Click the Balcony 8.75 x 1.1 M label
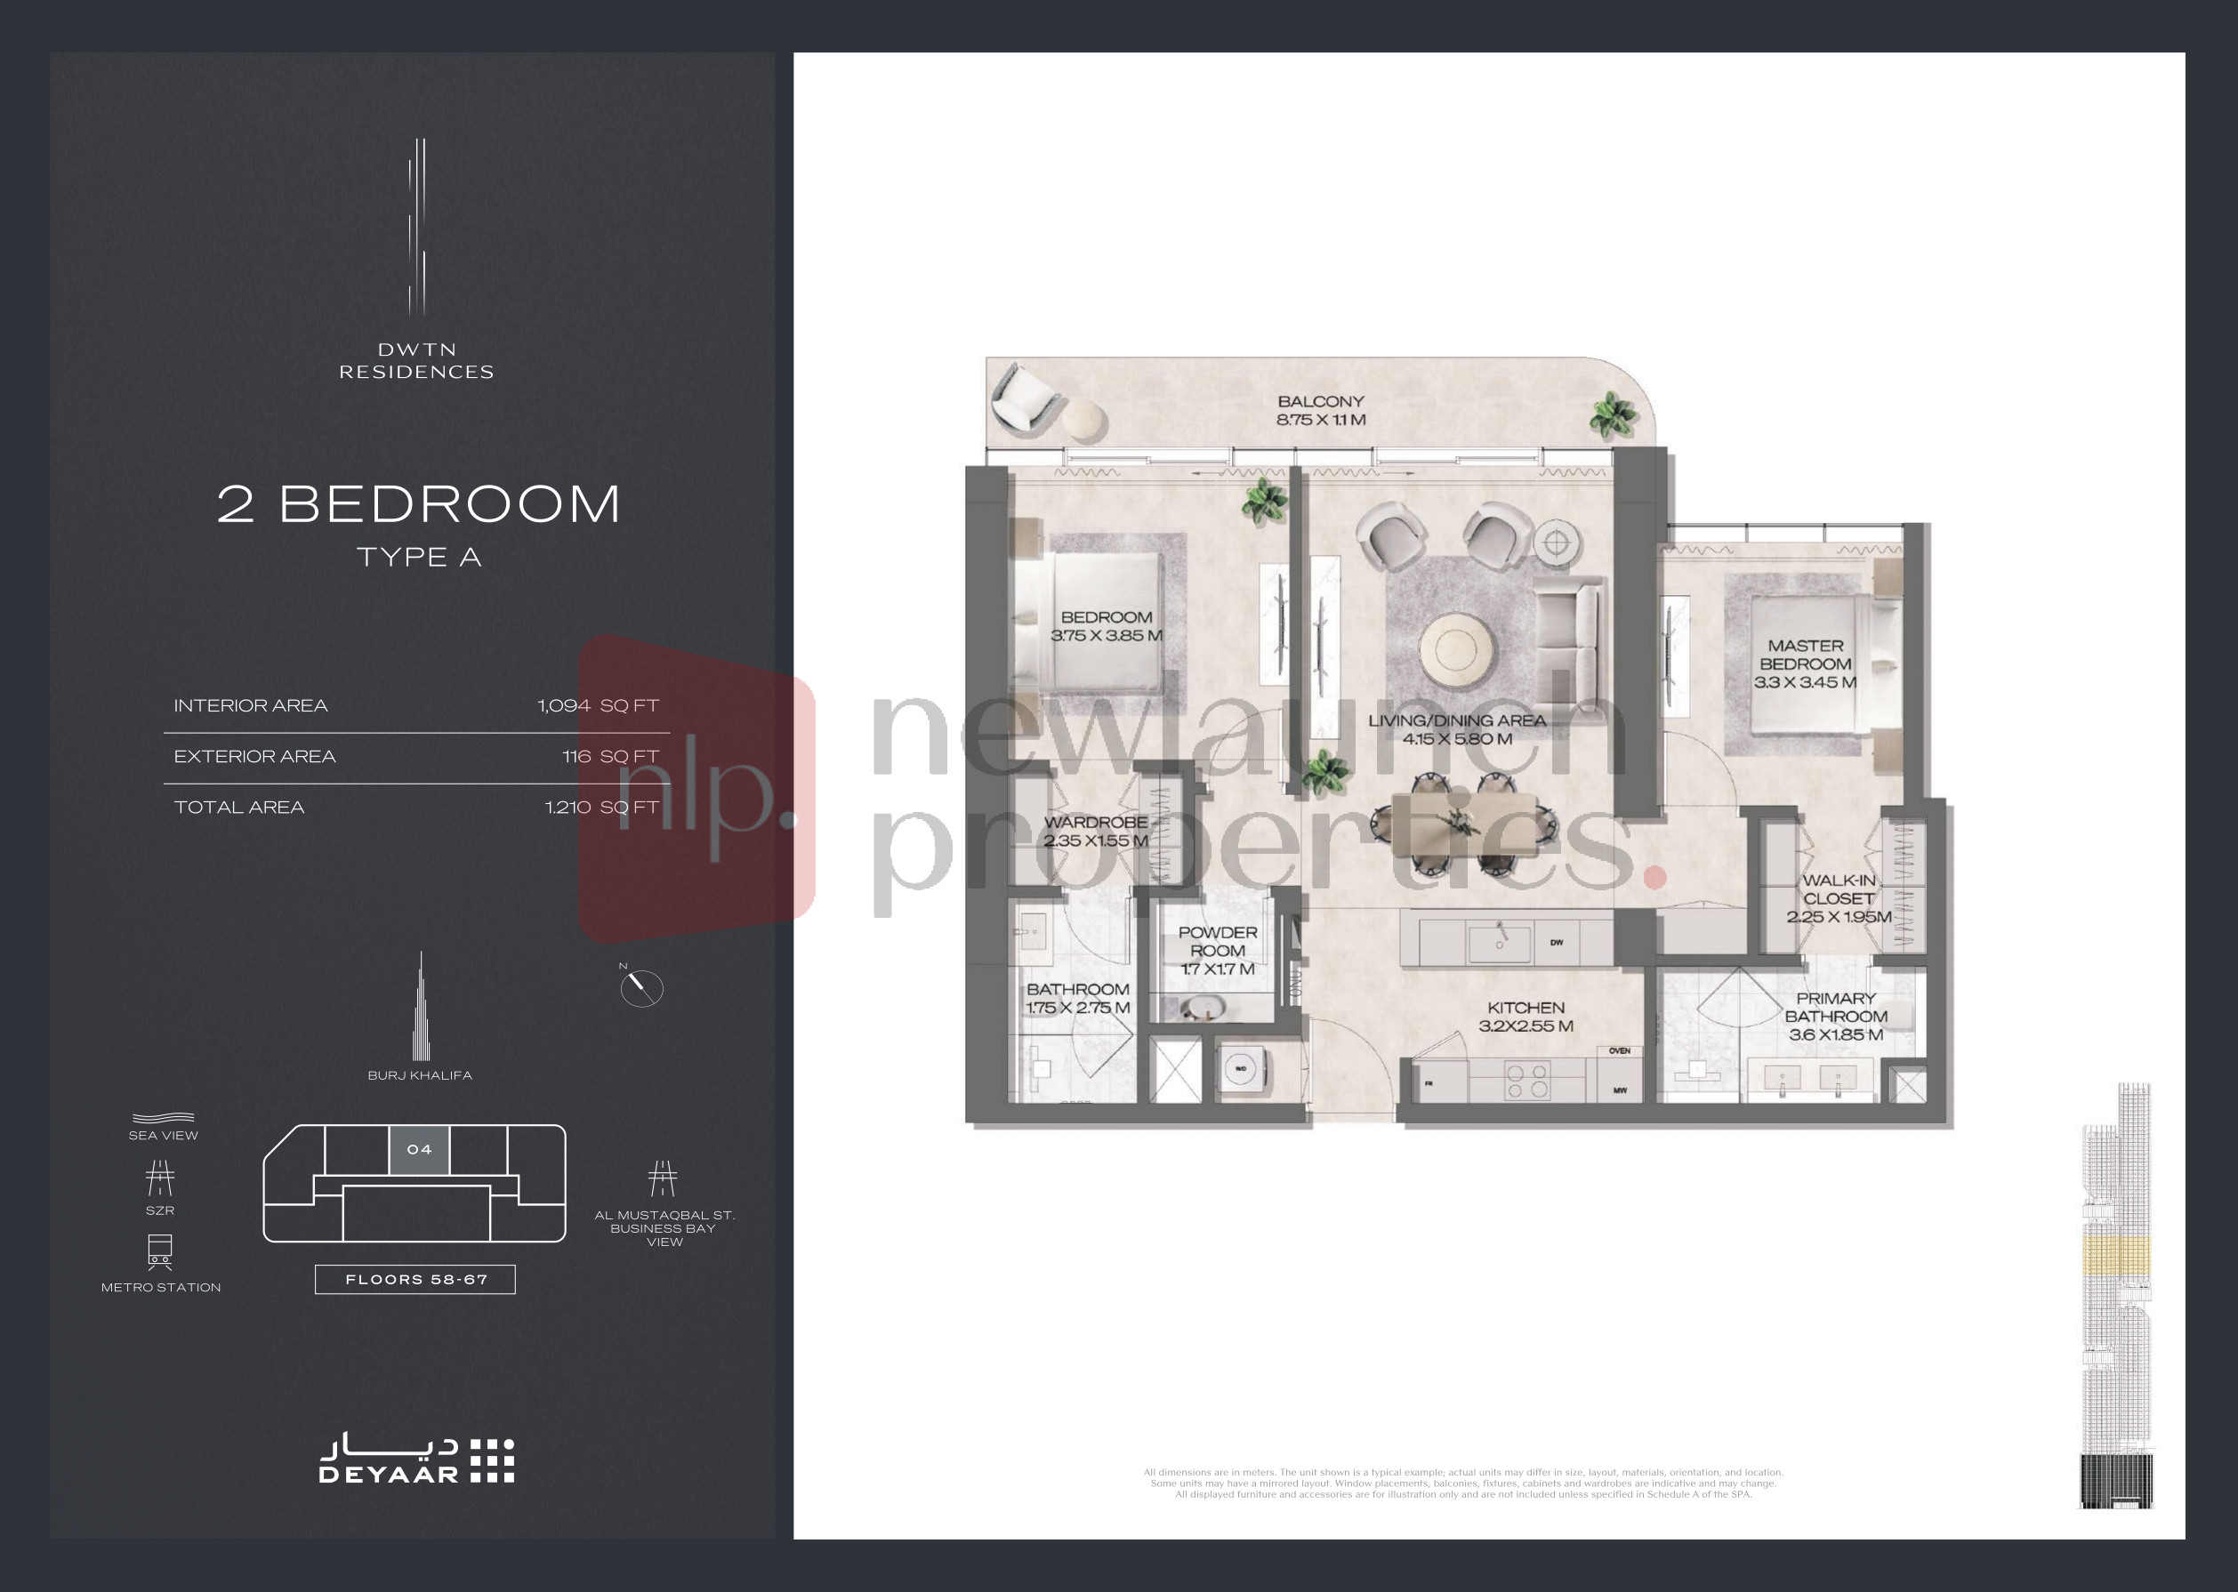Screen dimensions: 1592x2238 coord(1320,411)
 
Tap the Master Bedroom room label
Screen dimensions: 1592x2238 coord(1805,663)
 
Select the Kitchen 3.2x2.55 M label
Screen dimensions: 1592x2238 coord(1526,1017)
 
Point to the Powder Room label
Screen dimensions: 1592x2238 coord(1218,950)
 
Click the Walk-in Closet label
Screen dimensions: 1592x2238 coord(1838,898)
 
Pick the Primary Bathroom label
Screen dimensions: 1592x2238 coord(1835,1016)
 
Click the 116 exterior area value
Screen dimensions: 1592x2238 coord(576,757)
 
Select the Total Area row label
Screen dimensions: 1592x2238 coord(239,808)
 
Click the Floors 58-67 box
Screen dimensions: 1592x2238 coord(415,1279)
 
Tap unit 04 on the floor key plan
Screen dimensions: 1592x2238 coord(420,1150)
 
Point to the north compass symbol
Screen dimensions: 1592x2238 coord(641,987)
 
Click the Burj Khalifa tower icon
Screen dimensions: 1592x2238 coord(421,1009)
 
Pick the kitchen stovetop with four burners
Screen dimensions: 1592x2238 coord(1526,1081)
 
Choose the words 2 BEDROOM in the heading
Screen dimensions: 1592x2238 coord(419,505)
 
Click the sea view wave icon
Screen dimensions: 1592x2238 coord(163,1118)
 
